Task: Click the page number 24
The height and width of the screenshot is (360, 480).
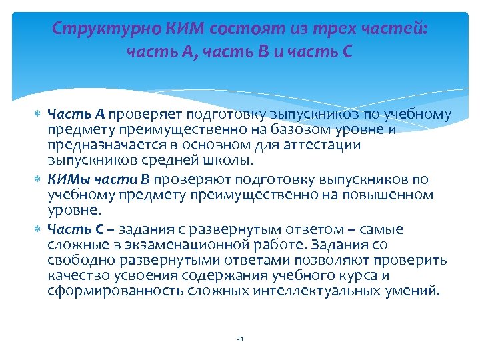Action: pos(240,339)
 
